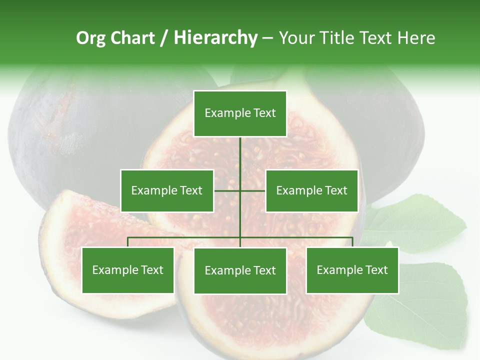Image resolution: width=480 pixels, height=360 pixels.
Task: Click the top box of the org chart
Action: pyautogui.click(x=240, y=113)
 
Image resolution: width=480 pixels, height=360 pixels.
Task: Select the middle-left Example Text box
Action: pyautogui.click(x=167, y=190)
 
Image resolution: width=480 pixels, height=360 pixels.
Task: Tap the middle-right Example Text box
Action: pyautogui.click(x=311, y=190)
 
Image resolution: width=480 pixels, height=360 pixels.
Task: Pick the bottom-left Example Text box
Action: pyautogui.click(x=127, y=270)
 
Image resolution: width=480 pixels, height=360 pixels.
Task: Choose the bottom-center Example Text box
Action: pyautogui.click(x=240, y=270)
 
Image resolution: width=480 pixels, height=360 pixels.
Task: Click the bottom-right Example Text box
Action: pyautogui.click(x=352, y=270)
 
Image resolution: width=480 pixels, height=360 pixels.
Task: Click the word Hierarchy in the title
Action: pyautogui.click(x=215, y=38)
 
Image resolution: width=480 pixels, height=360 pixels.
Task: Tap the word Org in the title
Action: pyautogui.click(x=90, y=38)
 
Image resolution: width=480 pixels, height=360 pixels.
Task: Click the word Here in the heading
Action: pyautogui.click(x=416, y=38)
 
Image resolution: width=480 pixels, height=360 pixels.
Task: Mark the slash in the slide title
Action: pyautogui.click(x=164, y=38)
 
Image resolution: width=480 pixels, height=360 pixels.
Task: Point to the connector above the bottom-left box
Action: pyautogui.click(x=128, y=242)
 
